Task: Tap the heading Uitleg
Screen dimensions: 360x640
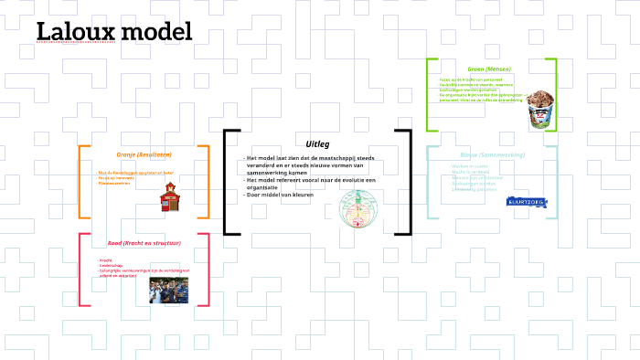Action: pyautogui.click(x=317, y=143)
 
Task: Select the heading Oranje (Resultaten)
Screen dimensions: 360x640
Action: pyautogui.click(x=144, y=154)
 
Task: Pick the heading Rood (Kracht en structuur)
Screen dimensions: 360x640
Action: pyautogui.click(x=144, y=243)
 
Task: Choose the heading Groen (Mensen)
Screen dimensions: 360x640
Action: pyautogui.click(x=488, y=69)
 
